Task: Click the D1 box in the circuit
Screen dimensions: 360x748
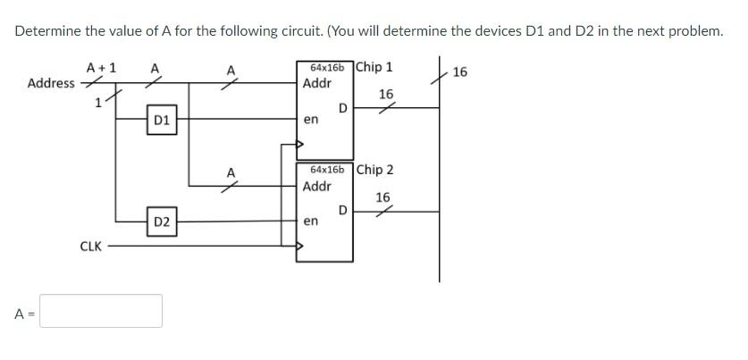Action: (x=162, y=119)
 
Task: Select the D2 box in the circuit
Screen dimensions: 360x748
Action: (x=162, y=222)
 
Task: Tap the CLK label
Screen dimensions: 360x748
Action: (x=90, y=246)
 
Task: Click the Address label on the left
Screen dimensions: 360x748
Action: (x=51, y=83)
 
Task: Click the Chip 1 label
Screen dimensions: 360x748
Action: (x=374, y=67)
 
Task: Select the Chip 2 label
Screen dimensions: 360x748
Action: (x=375, y=170)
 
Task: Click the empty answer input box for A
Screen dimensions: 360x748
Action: (x=101, y=311)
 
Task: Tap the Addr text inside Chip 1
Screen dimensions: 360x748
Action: (x=317, y=84)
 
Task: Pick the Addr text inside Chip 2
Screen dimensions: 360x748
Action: (x=317, y=187)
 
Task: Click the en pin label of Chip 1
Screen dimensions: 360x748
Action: (x=310, y=118)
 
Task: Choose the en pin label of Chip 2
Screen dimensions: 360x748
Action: (x=310, y=221)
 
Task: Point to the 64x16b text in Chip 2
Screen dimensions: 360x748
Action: (x=326, y=169)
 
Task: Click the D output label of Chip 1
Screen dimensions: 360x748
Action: (x=343, y=108)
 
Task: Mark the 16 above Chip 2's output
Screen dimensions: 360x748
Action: (x=382, y=197)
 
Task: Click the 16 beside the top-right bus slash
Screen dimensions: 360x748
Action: (x=459, y=71)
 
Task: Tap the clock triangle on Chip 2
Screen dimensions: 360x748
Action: (x=301, y=247)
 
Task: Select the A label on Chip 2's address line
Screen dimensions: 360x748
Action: (x=231, y=172)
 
